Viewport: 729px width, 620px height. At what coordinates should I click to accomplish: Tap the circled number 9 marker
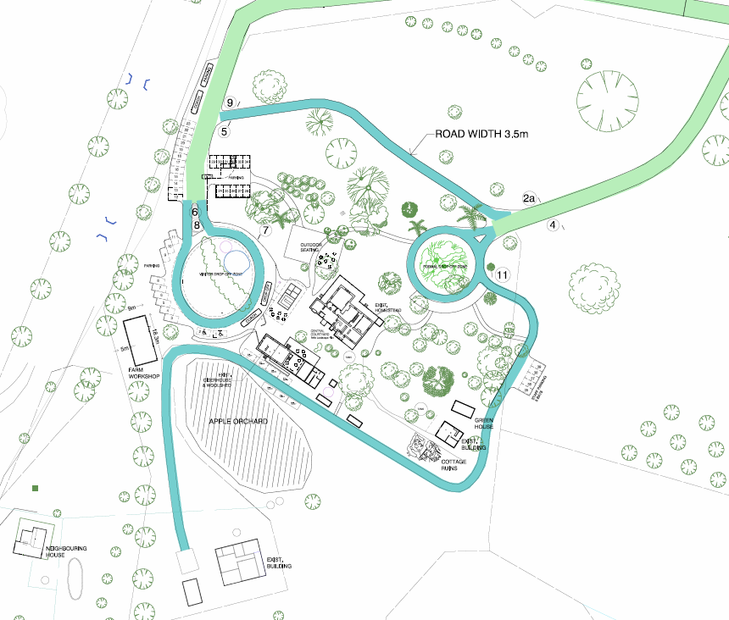click(x=229, y=103)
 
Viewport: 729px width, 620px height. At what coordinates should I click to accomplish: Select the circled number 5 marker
click(x=225, y=131)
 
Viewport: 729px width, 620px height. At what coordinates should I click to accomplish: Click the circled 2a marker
click(x=530, y=198)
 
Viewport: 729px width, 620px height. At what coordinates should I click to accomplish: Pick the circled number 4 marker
click(x=554, y=225)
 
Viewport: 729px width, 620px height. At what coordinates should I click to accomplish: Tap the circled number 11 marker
click(x=503, y=275)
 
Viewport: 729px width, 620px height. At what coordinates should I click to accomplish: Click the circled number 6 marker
click(x=194, y=212)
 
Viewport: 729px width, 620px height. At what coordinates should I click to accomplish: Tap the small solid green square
click(x=35, y=489)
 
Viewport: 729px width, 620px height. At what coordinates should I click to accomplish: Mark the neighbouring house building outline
click(x=32, y=540)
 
